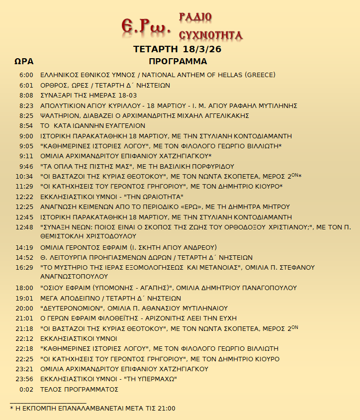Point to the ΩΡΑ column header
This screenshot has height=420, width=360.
(24, 62)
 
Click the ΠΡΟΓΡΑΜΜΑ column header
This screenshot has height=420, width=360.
(178, 62)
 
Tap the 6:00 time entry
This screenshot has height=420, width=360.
(26, 75)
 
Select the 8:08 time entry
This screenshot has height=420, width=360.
(26, 95)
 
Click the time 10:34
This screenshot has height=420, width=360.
(24, 176)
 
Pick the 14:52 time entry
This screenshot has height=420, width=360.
(24, 258)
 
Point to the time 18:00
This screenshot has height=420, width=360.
(24, 288)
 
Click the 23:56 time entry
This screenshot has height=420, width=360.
(24, 379)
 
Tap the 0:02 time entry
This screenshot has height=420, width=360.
(26, 389)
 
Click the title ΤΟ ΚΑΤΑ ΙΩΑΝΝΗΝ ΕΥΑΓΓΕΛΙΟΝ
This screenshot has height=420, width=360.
(92, 126)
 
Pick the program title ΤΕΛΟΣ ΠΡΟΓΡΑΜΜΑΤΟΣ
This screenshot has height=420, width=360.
(79, 389)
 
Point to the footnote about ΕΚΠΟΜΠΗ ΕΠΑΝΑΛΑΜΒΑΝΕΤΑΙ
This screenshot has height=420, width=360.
(92, 409)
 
